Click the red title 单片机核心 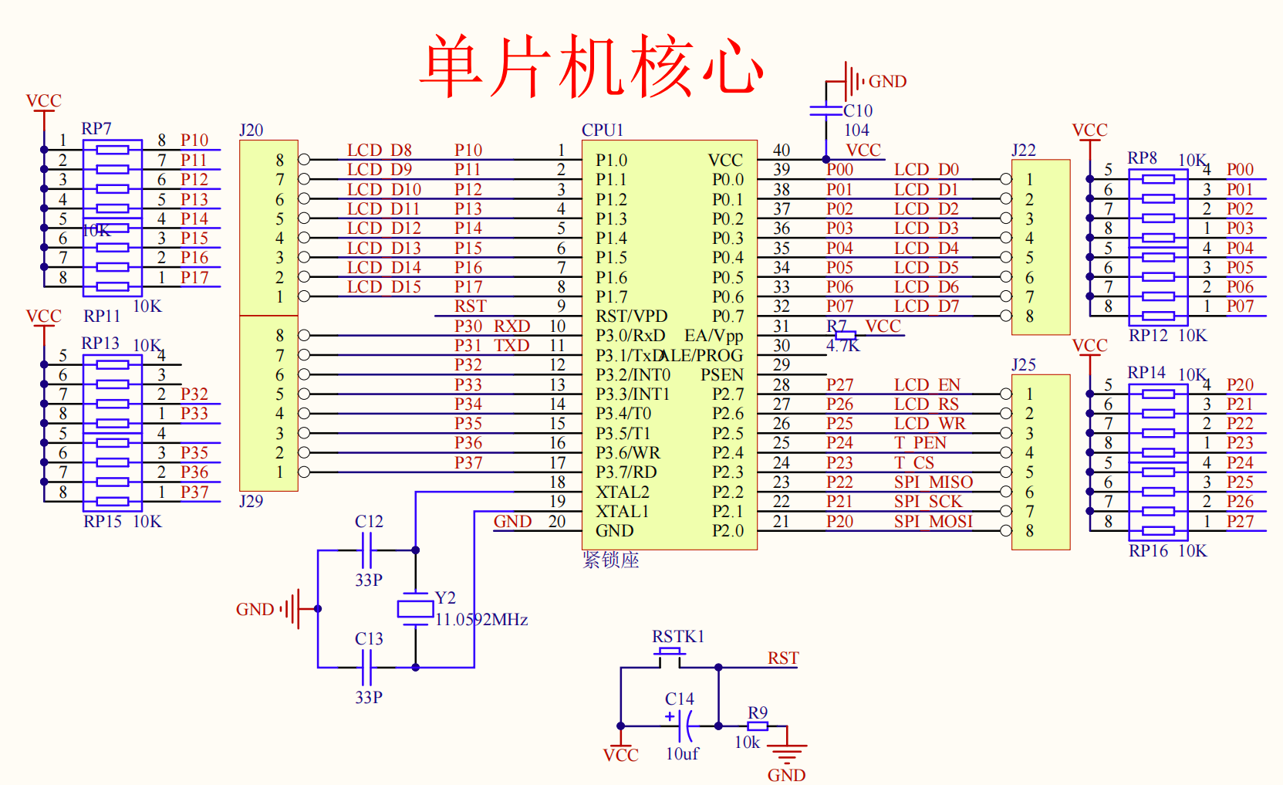click(x=593, y=66)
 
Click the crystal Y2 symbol click(x=415, y=609)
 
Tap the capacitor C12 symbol click(x=366, y=550)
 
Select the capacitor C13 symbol click(x=366, y=667)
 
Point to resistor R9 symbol click(x=758, y=726)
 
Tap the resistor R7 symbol click(x=846, y=335)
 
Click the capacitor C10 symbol click(x=826, y=110)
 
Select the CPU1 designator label click(x=603, y=130)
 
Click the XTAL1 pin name click(x=623, y=511)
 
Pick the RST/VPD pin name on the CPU click(x=631, y=316)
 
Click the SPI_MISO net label click(x=934, y=482)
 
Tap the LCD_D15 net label click(x=384, y=287)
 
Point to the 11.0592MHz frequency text click(x=481, y=619)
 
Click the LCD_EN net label click(x=927, y=384)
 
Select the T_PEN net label click(x=920, y=443)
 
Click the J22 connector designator click(x=1024, y=150)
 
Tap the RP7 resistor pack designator click(x=96, y=128)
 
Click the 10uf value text click(x=682, y=753)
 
